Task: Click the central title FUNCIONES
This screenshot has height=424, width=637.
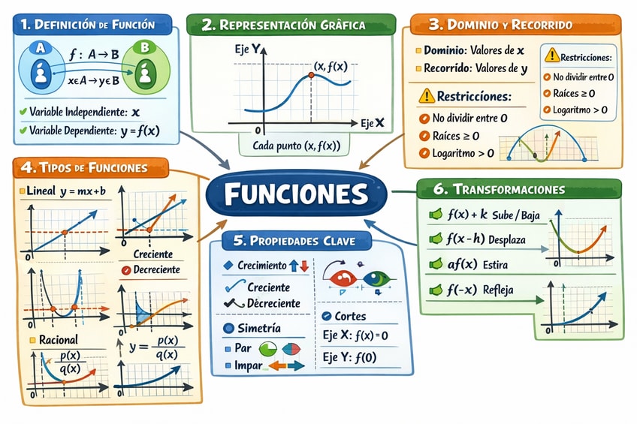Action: (296, 194)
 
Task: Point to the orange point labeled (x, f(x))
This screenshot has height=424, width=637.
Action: (310, 76)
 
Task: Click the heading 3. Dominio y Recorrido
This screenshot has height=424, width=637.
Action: (511, 25)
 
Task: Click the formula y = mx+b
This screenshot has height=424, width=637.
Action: (81, 191)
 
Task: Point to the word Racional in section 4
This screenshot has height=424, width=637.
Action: (57, 339)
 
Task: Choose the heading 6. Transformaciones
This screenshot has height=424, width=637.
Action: (519, 189)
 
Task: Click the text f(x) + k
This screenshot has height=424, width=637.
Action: (468, 215)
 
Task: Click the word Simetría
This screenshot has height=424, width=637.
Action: (258, 328)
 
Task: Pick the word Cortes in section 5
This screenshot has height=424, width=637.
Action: (349, 316)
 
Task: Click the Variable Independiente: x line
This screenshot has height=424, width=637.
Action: (84, 112)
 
